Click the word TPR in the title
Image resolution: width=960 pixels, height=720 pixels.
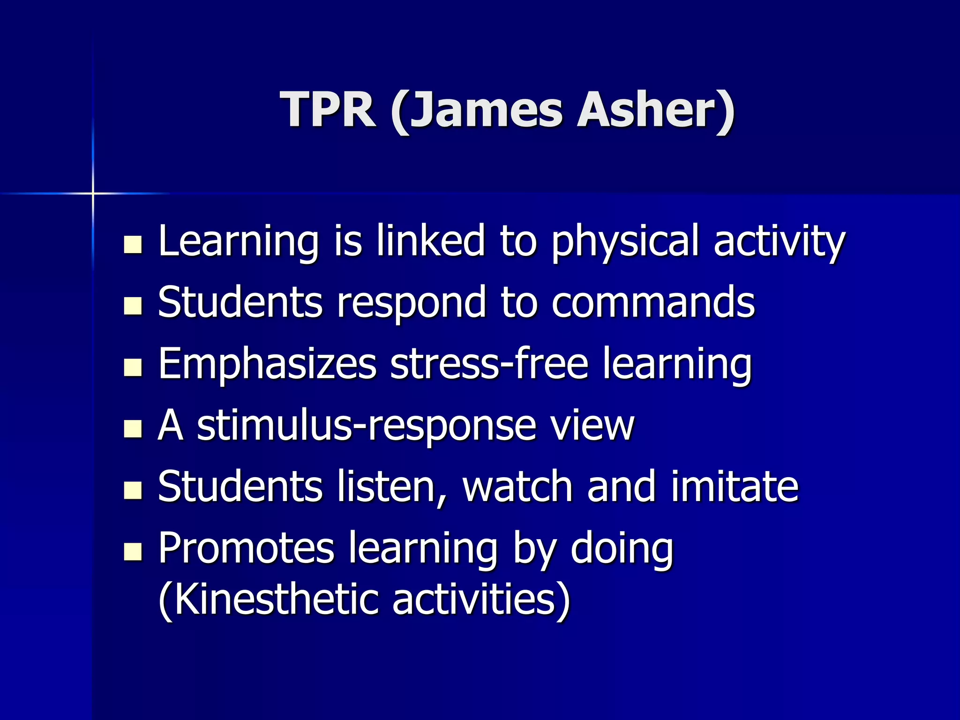coord(328,110)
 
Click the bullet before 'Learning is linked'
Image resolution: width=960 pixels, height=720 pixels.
coord(133,244)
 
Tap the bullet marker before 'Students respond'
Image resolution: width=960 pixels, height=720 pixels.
coord(133,306)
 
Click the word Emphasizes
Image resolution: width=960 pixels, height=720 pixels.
coord(267,364)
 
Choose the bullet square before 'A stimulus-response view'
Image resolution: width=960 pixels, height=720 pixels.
coord(133,428)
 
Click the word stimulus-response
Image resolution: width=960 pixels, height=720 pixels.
coord(366,427)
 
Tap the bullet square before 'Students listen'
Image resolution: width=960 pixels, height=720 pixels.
coord(133,490)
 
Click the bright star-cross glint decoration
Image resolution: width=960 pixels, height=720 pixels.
coord(93,193)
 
